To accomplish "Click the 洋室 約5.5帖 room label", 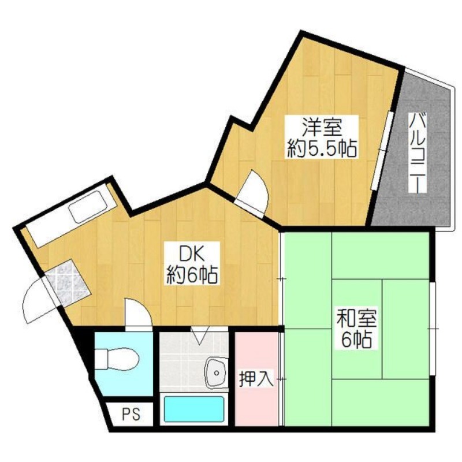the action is (322, 137).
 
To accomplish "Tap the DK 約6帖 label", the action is (192, 263).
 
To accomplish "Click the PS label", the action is (132, 414).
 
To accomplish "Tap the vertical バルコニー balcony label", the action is (418, 154).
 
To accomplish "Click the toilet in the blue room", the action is (117, 359).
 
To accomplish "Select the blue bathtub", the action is (193, 409).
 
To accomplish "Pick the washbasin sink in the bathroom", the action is (216, 372).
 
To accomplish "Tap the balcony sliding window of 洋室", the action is (382, 151).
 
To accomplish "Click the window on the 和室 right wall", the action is (433, 329).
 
